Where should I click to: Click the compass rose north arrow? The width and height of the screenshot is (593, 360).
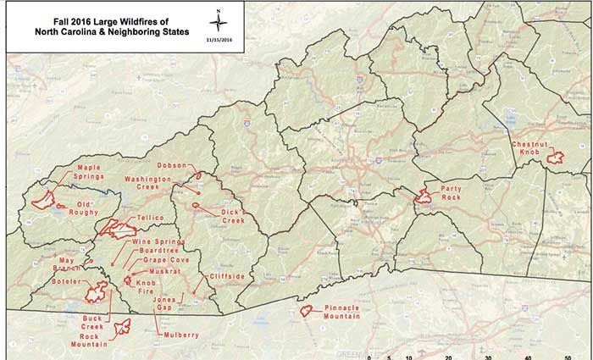219,20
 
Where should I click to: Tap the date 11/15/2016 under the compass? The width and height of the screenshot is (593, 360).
219,39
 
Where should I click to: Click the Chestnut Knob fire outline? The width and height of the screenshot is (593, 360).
556,157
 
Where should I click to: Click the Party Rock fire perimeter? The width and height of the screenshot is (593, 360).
424,198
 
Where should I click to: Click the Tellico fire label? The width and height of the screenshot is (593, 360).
150,218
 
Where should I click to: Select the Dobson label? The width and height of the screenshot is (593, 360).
174,165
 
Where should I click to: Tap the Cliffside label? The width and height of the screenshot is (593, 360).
224,276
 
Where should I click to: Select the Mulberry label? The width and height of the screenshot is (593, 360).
181,335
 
